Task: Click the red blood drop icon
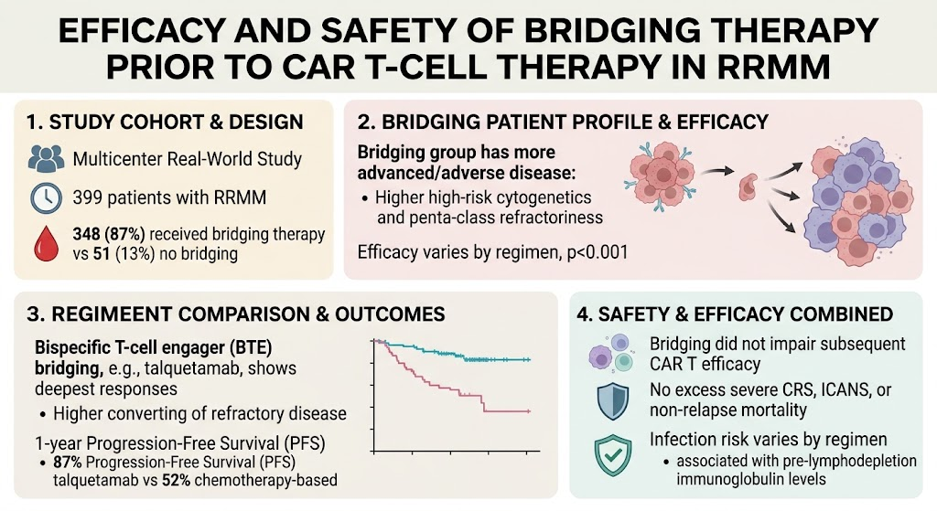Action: click(x=46, y=244)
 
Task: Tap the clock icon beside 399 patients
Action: click(x=46, y=197)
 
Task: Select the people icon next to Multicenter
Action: click(x=46, y=159)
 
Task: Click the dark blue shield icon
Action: click(x=612, y=401)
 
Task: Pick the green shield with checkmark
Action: click(x=612, y=455)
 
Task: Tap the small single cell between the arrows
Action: click(x=748, y=186)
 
